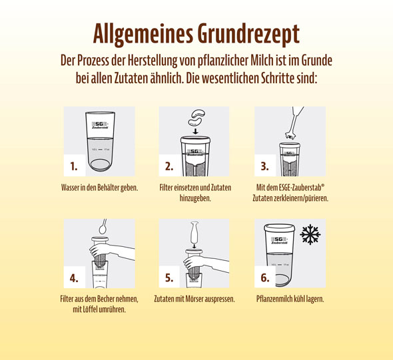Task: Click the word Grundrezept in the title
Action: [x=248, y=34]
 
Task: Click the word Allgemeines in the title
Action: [x=143, y=34]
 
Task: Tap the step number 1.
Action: [x=74, y=166]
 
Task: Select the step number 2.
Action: [x=169, y=166]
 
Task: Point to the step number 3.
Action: [x=264, y=166]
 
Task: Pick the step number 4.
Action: [x=74, y=278]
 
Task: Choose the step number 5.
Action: [x=169, y=278]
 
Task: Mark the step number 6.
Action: [x=264, y=278]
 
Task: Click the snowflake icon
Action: [x=310, y=235]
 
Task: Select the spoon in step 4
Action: [x=103, y=227]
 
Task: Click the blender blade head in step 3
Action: [x=290, y=136]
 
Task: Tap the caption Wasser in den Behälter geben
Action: [x=99, y=188]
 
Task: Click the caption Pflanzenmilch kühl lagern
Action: [x=290, y=299]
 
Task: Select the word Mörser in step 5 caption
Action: [x=194, y=299]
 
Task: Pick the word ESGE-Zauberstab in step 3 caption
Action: [x=300, y=187]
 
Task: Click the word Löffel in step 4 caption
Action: [x=90, y=309]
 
